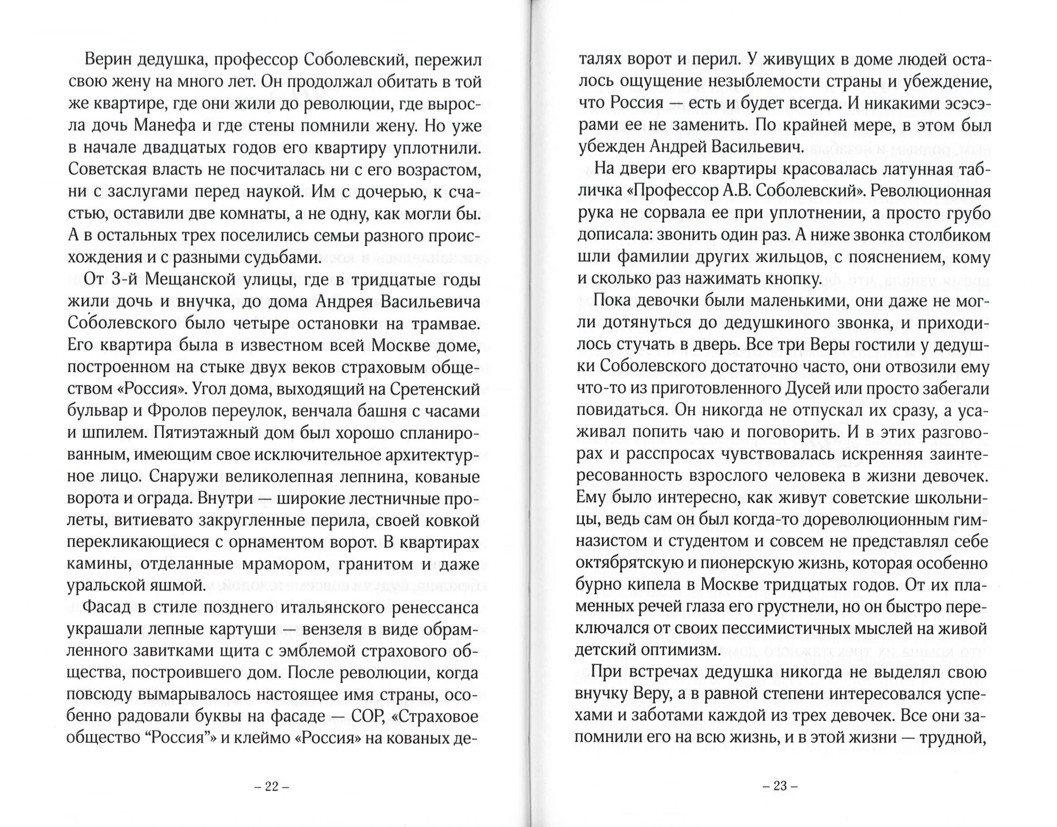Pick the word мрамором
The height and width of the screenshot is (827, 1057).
coord(286,564)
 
